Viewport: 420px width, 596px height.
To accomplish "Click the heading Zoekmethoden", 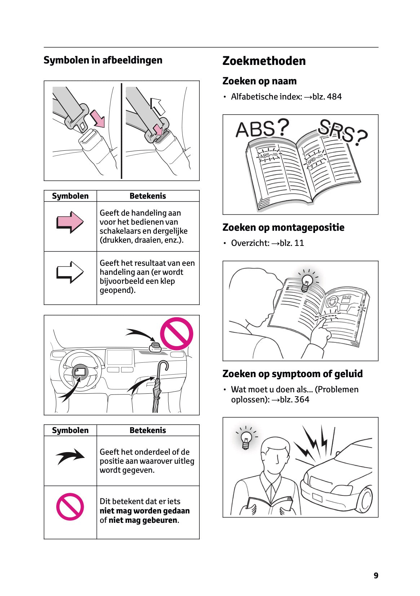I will [x=264, y=61].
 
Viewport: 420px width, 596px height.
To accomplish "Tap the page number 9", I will [x=376, y=575].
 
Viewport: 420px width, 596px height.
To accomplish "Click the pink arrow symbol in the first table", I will [x=70, y=222].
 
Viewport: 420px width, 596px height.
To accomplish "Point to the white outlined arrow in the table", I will [x=70, y=272].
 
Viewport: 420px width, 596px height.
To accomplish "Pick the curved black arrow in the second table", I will [x=70, y=456].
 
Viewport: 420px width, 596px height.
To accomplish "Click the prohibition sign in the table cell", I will [x=70, y=507].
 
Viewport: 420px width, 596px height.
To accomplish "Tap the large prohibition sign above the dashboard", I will [x=176, y=334].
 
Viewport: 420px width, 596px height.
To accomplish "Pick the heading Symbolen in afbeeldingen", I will [x=103, y=60].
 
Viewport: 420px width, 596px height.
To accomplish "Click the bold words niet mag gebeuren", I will [x=143, y=520].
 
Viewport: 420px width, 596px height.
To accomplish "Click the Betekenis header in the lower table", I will [x=147, y=431].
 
